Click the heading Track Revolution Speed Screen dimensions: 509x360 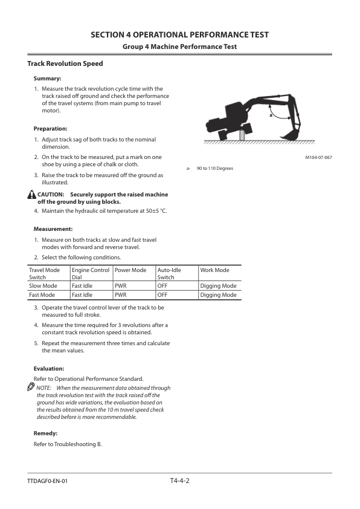[65, 63]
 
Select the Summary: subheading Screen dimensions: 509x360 [48, 79]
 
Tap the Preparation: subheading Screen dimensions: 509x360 [50, 129]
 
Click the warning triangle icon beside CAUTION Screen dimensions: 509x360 [31, 195]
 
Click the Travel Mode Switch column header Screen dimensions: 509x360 [45, 273]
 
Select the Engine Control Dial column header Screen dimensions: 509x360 [90, 273]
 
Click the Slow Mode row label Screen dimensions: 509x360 [43, 286]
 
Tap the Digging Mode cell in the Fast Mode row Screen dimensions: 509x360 [218, 295]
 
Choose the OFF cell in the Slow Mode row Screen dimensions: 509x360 [162, 286]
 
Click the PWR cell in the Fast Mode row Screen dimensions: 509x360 [120, 295]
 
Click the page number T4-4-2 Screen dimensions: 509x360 [180, 481]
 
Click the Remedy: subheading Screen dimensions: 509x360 [46, 433]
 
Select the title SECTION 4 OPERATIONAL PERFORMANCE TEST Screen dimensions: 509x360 [180, 34]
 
